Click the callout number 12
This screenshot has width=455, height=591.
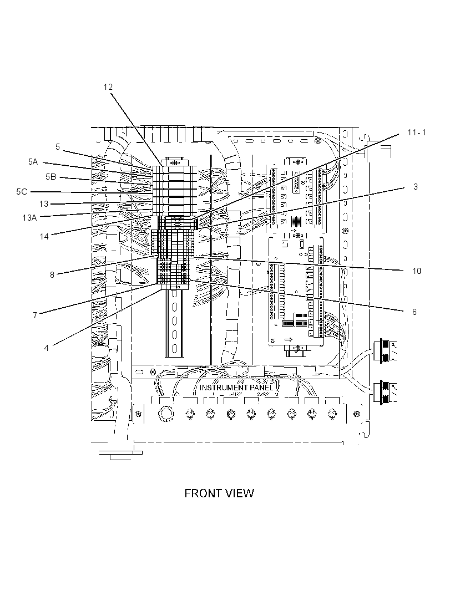[108, 87]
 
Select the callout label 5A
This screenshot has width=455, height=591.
[33, 162]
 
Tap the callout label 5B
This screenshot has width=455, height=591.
[51, 176]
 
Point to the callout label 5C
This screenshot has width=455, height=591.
[22, 191]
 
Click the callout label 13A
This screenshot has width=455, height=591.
[29, 217]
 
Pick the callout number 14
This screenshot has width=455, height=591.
[44, 236]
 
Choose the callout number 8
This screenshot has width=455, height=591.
[53, 275]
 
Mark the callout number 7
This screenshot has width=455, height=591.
[35, 315]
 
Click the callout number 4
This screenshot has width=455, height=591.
[47, 348]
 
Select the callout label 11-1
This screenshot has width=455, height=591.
[417, 133]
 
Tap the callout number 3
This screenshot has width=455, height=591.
[416, 187]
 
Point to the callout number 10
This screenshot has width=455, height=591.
[417, 271]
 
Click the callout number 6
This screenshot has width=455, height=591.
[414, 312]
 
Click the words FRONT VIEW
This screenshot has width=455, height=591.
[219, 493]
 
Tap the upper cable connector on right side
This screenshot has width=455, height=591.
[382, 351]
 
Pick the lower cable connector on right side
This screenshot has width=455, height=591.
[382, 393]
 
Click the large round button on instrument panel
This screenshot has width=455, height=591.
[165, 414]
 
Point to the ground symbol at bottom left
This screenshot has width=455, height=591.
[120, 455]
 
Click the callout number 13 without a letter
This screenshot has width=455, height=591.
[44, 204]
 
